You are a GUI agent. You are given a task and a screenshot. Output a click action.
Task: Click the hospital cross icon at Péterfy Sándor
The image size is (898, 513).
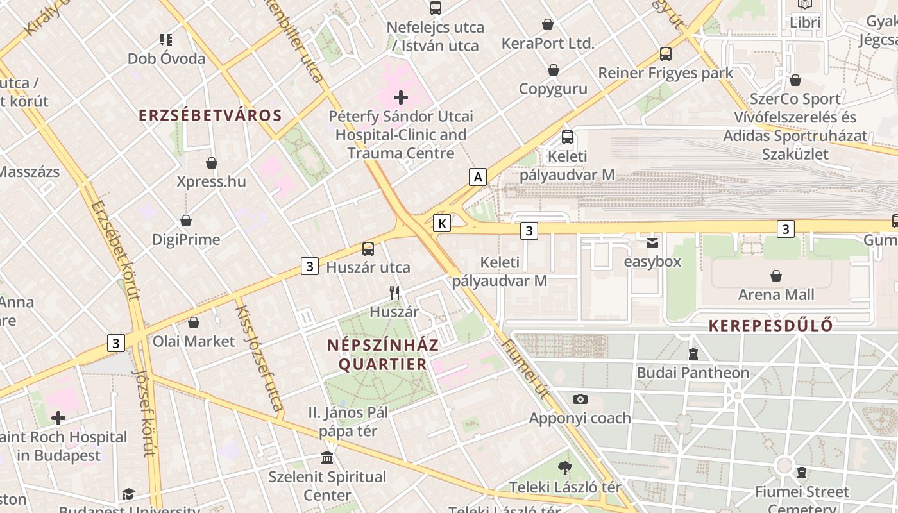(x=401, y=97)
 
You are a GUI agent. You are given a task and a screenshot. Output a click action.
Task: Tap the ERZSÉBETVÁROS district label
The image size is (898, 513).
(x=210, y=115)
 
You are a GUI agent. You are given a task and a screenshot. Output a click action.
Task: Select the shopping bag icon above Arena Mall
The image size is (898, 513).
(x=776, y=276)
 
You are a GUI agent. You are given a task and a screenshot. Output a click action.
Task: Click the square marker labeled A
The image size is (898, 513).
(x=477, y=177)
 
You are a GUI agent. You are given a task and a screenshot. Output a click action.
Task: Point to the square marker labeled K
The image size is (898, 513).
(x=442, y=223)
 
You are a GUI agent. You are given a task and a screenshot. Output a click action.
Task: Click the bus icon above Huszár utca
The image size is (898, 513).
(x=368, y=248)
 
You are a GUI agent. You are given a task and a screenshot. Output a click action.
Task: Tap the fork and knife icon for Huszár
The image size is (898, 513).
(x=394, y=293)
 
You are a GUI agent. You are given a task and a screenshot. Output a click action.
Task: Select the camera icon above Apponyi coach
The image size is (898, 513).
(x=580, y=399)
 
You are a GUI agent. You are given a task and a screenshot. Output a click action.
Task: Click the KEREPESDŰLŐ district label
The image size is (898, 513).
(x=771, y=326)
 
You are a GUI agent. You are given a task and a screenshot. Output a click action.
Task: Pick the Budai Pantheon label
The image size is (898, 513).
(x=693, y=373)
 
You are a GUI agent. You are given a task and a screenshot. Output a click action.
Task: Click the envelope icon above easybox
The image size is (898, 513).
(x=652, y=242)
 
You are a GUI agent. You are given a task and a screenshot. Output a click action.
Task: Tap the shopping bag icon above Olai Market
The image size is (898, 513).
(x=194, y=323)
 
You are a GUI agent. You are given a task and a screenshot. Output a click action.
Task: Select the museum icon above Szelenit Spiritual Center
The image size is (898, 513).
(x=327, y=458)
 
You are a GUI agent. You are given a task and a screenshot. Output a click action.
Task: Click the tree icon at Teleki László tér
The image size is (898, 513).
(x=564, y=468)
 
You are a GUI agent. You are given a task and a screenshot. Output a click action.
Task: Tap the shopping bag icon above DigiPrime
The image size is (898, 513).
(x=186, y=221)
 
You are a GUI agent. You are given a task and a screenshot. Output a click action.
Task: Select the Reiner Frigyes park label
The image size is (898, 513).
(x=665, y=73)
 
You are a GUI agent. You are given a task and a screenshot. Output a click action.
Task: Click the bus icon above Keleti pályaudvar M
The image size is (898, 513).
(x=567, y=137)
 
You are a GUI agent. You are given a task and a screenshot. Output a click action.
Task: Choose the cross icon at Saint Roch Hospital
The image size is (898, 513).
(x=58, y=418)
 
